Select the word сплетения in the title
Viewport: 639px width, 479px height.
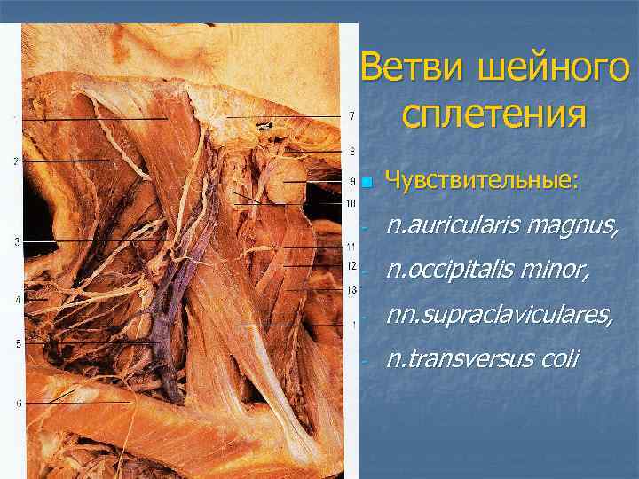(494, 114)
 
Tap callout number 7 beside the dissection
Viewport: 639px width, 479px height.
(352, 116)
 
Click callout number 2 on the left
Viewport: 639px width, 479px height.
(16, 161)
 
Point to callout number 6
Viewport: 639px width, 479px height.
(19, 403)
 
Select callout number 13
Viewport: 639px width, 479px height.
(352, 290)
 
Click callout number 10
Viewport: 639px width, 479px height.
(351, 204)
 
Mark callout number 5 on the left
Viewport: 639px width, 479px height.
(18, 343)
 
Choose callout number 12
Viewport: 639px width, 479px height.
(352, 266)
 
